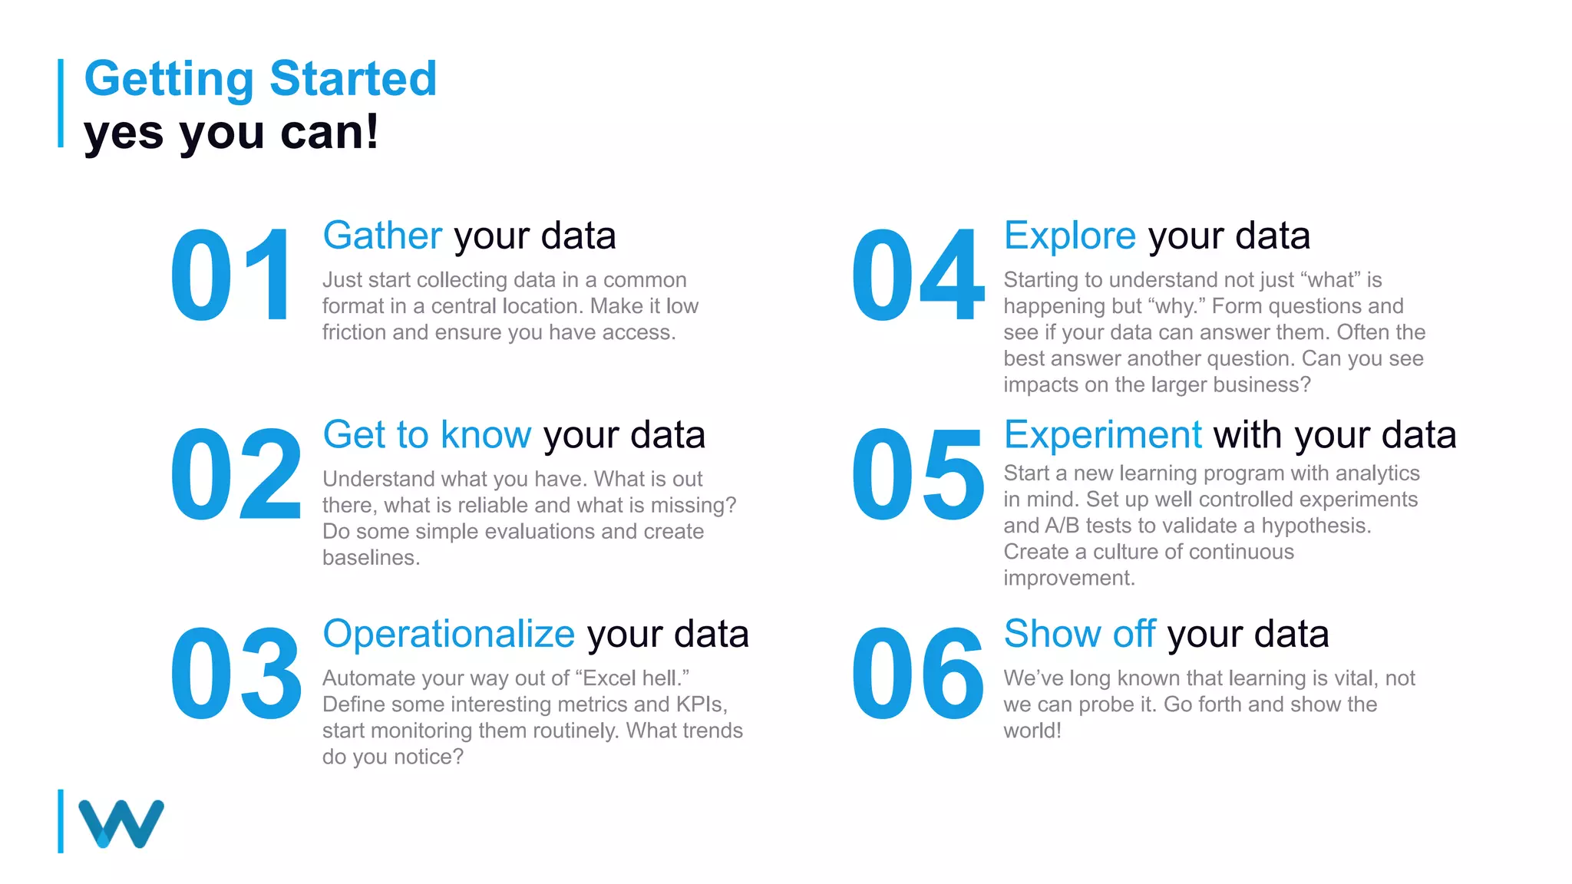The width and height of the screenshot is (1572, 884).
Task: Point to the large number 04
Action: coord(917,275)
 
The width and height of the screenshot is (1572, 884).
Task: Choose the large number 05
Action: coord(917,474)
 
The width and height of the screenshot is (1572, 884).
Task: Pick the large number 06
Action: coord(917,673)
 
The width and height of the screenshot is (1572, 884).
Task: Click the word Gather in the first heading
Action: coord(382,236)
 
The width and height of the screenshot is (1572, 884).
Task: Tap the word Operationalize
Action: coord(448,634)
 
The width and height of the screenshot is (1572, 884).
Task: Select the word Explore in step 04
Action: coord(1069,236)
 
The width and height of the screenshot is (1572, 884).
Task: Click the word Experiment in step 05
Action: coord(1102,435)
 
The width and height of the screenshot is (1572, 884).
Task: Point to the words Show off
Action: coord(1079,634)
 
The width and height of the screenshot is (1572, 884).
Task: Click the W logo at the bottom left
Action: coord(121,823)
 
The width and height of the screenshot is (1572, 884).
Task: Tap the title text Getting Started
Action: coord(260,78)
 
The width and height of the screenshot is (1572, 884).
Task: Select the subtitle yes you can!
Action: coord(231,132)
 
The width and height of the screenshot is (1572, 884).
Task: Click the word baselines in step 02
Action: coord(371,558)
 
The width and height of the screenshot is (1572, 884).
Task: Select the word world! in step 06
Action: coord(1032,731)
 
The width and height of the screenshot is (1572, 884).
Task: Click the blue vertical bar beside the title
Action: coord(61,103)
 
